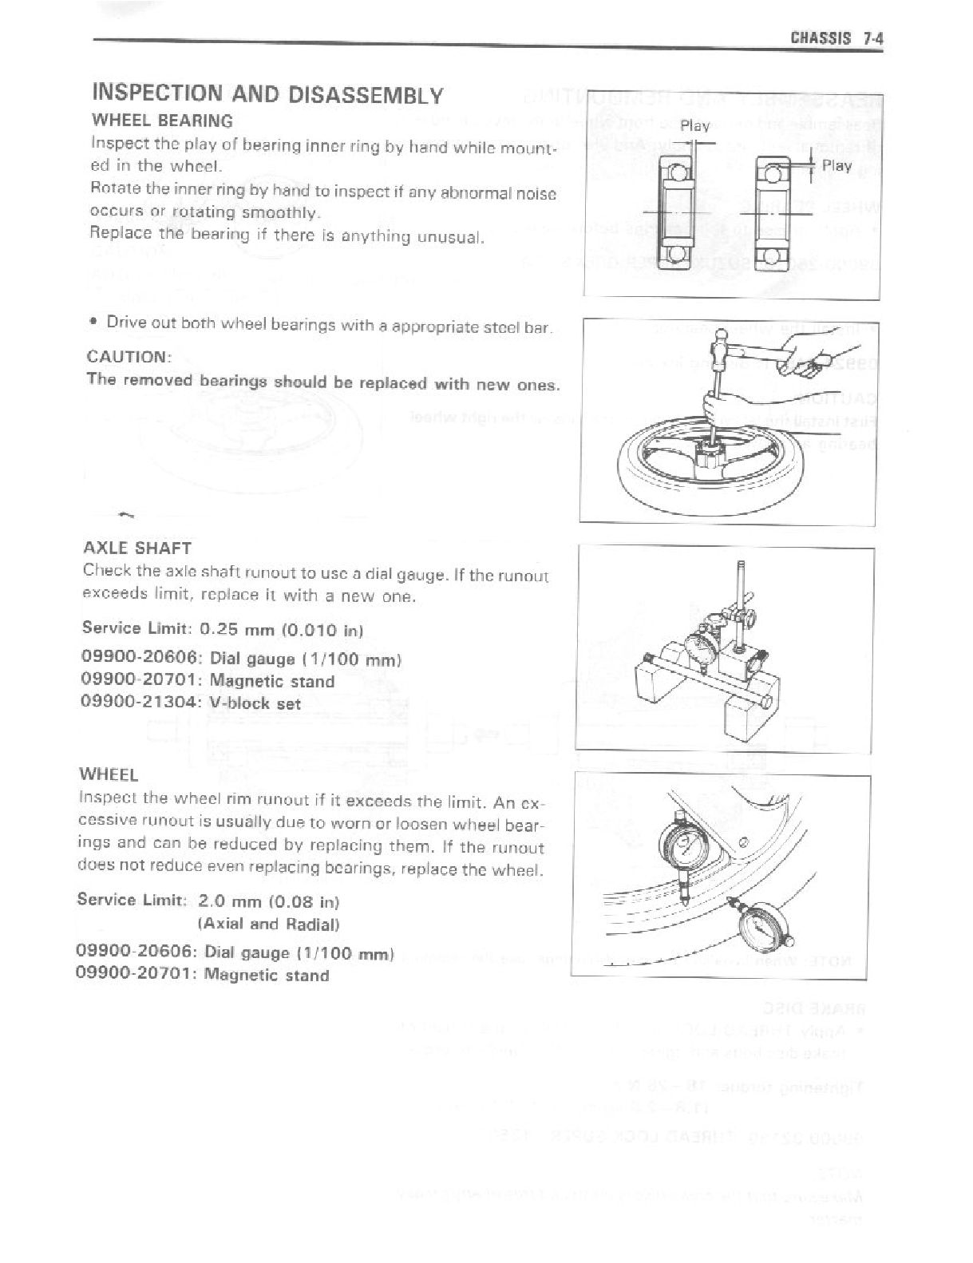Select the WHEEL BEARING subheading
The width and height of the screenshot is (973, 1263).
[x=163, y=121]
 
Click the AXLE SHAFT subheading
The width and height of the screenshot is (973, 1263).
[x=136, y=548]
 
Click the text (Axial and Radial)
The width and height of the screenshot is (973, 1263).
[x=269, y=924]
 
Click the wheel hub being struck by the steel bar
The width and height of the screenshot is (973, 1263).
[x=713, y=461]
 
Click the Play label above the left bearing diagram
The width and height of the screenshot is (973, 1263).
[x=694, y=126]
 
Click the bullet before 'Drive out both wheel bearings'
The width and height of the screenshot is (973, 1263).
[x=94, y=323]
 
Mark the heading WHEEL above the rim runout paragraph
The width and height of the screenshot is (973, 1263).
[x=109, y=774]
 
